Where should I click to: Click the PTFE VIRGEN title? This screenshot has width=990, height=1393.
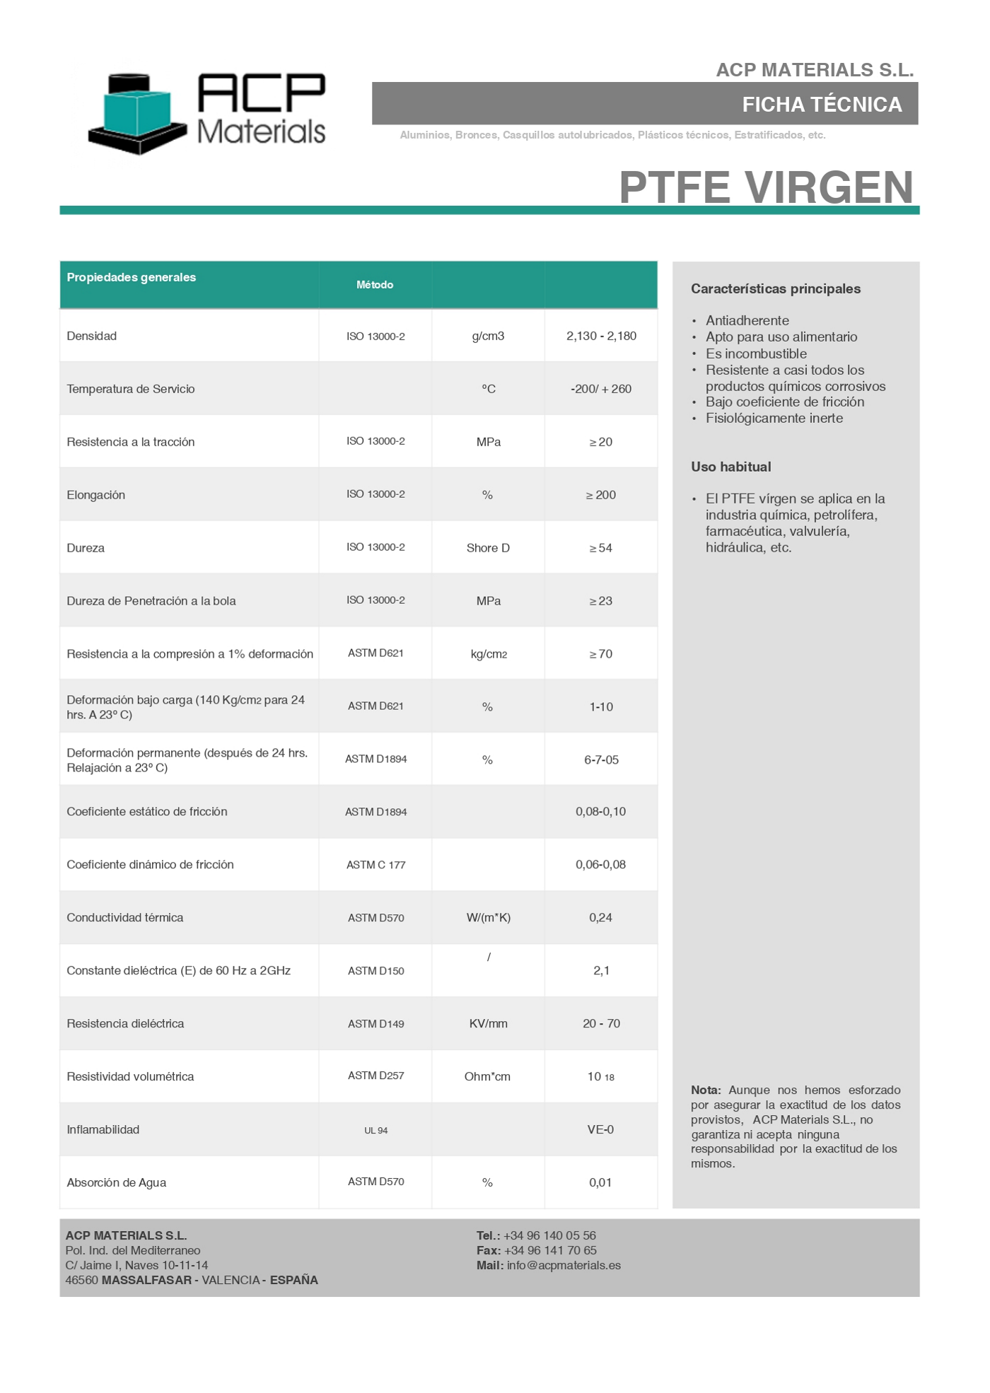766,187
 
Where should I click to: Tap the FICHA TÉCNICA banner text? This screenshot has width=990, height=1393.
822,105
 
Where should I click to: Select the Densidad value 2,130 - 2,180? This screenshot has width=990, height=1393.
601,336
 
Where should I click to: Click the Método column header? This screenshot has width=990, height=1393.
375,285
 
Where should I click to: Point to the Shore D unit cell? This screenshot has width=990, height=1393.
488,548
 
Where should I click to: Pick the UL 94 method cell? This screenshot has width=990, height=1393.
375,1131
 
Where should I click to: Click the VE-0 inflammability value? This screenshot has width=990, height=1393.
600,1130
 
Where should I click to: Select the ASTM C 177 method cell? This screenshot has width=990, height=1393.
375,865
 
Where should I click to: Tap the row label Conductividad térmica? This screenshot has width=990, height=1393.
125,918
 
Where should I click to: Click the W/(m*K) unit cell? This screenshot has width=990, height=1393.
488,918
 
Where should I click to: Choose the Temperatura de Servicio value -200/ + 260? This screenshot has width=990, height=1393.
601,389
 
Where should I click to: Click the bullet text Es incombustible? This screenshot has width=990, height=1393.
756,354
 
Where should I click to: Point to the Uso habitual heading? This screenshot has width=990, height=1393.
730,467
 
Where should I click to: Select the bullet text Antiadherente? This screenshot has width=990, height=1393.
747,320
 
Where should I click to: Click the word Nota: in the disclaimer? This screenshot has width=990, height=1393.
706,1090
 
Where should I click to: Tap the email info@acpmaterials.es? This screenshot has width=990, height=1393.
564,1266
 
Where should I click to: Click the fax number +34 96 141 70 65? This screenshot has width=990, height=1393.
550,1251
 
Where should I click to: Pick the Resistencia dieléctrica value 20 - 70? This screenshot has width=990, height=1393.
601,1024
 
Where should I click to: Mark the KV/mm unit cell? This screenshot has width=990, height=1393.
488,1024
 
